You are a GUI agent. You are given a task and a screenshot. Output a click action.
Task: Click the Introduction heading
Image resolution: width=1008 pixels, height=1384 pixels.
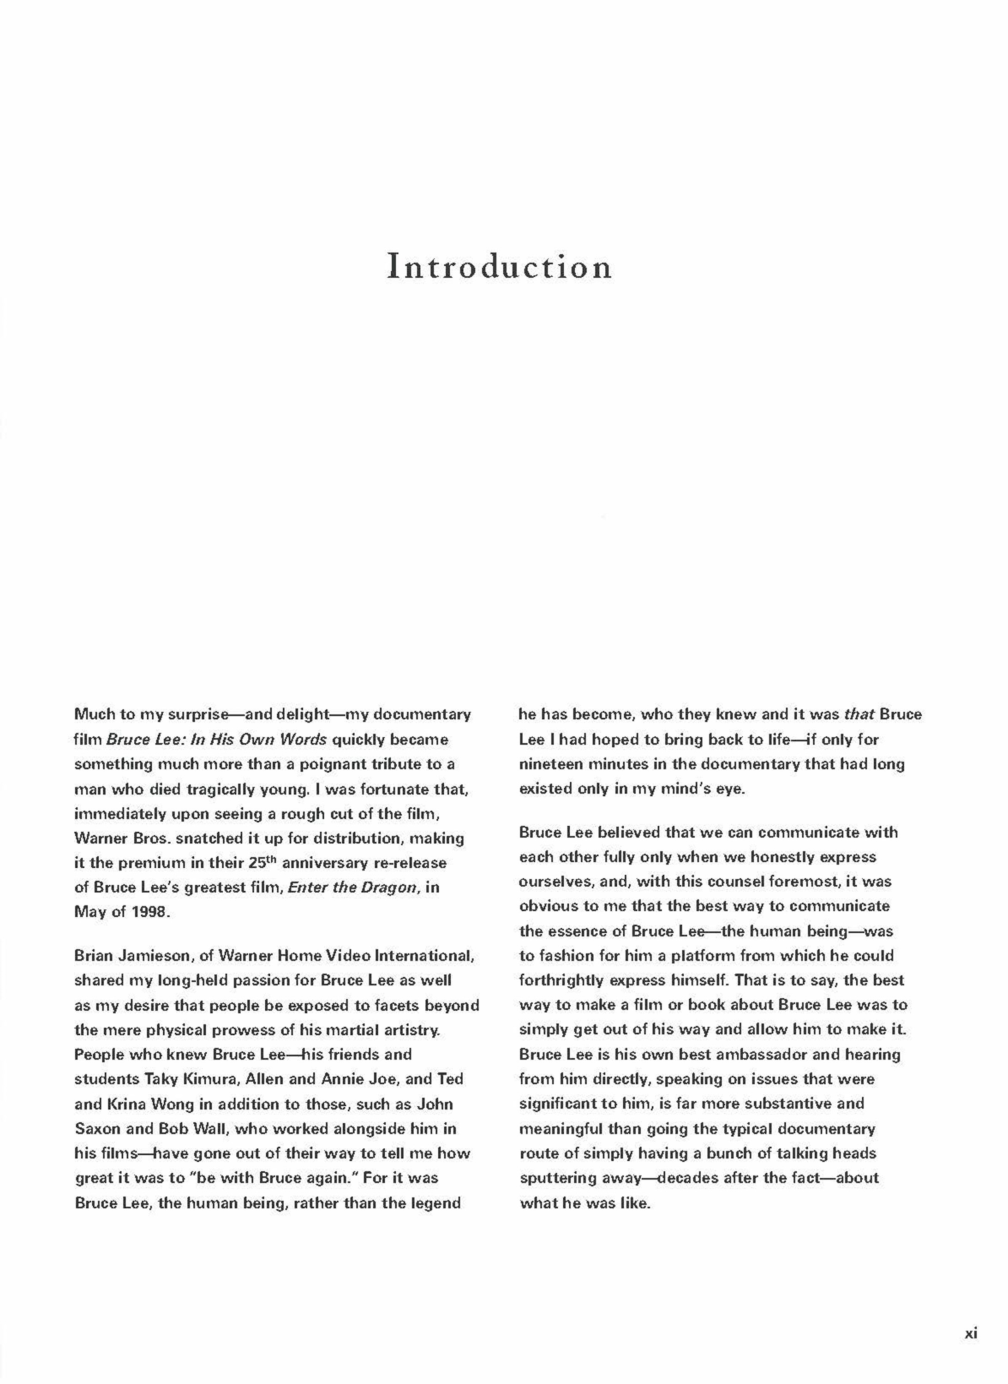pos(499,267)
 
